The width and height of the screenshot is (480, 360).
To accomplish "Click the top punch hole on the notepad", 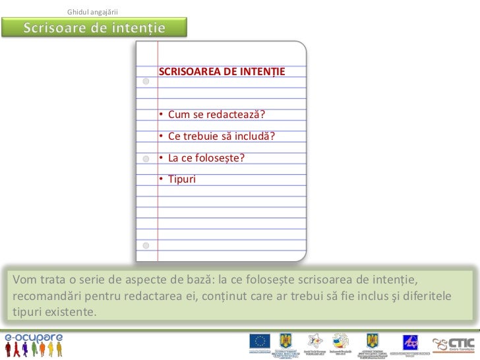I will tap(146, 82).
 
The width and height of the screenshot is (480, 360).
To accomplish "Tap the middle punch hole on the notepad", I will tap(146, 159).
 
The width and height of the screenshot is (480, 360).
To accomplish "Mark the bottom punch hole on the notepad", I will tap(146, 245).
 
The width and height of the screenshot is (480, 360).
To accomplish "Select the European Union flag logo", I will tap(259, 342).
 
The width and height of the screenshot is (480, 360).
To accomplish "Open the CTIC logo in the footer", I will tap(455, 344).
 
